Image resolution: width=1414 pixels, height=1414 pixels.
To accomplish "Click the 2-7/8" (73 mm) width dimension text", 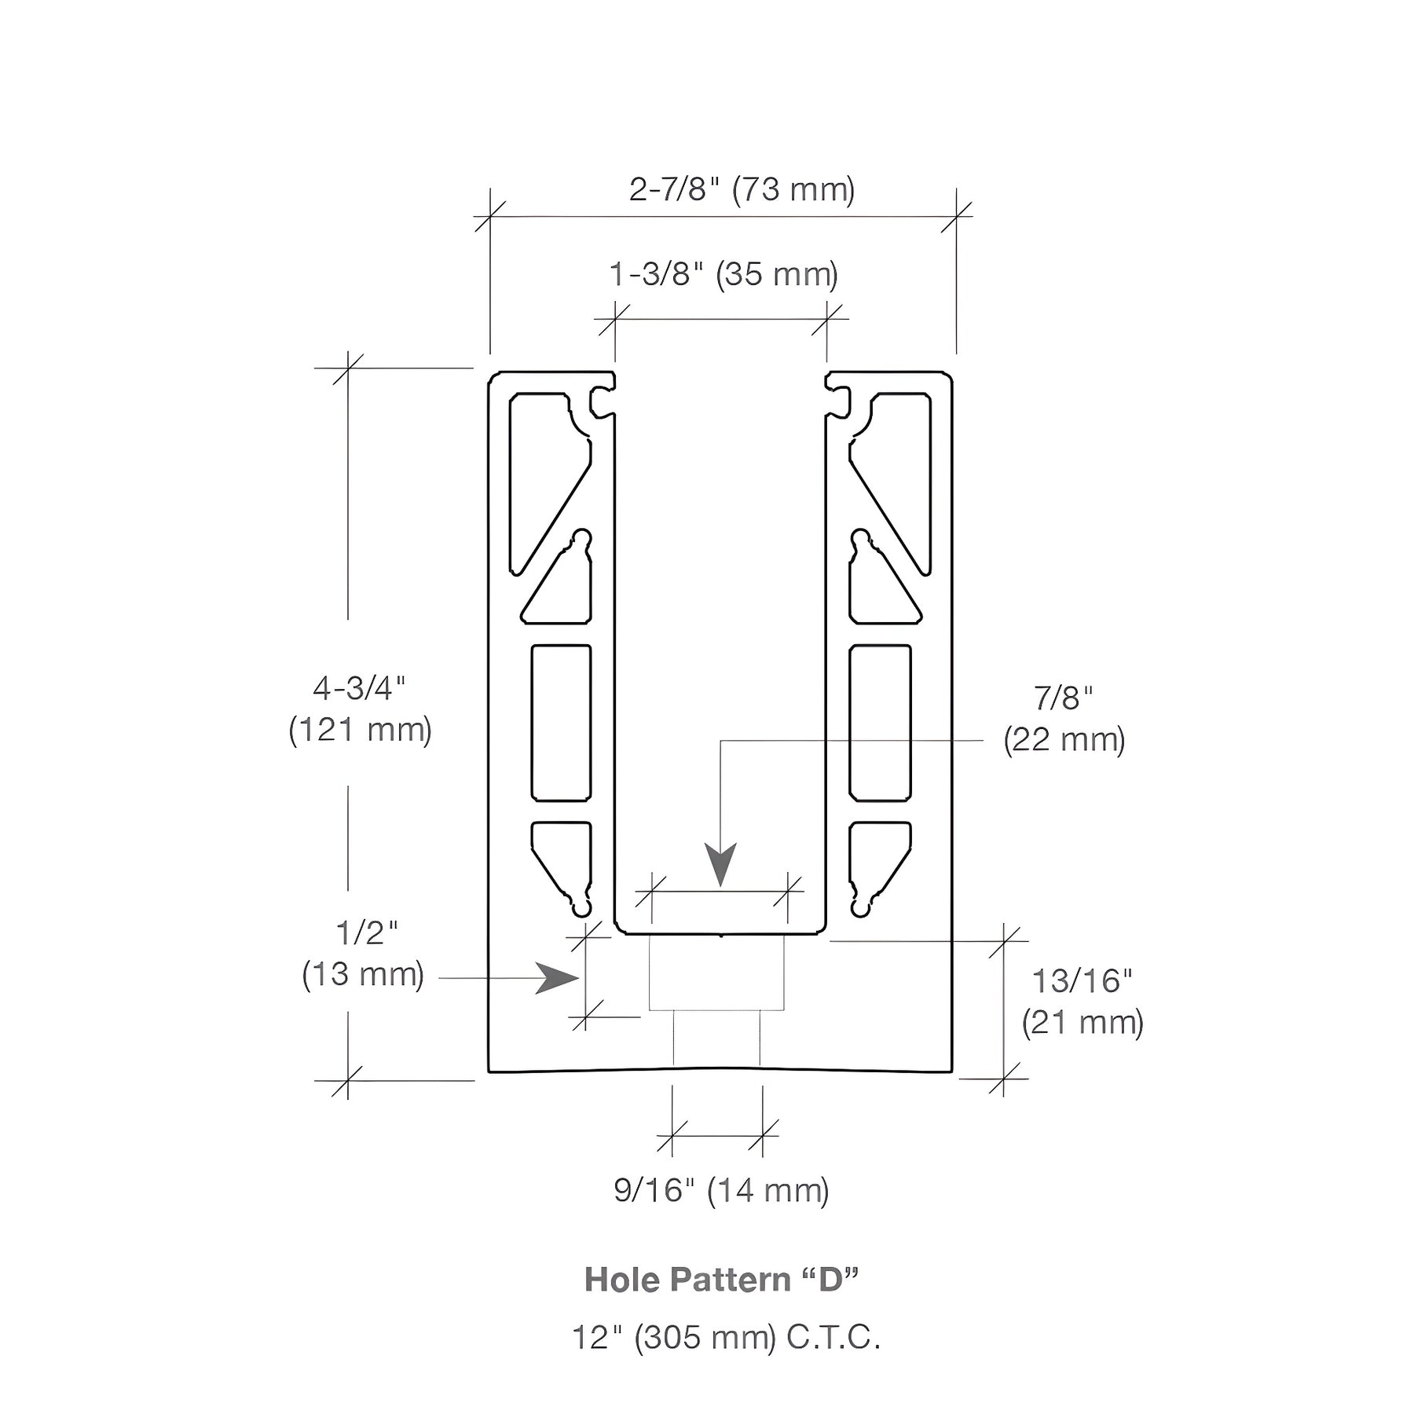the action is [742, 190].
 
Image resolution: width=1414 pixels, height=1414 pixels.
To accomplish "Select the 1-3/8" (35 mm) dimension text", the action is [723, 275].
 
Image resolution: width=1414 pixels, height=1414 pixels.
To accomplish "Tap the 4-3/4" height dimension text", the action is [359, 689].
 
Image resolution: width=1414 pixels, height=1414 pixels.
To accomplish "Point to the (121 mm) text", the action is [360, 731].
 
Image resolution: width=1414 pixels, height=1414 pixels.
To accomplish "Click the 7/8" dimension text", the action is [1063, 698].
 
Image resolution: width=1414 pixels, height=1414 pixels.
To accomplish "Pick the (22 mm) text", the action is [1064, 740].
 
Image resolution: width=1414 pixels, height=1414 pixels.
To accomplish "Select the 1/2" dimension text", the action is [367, 932].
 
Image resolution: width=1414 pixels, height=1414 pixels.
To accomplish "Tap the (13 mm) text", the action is [363, 974].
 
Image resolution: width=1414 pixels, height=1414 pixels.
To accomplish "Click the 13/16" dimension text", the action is [1082, 981].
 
